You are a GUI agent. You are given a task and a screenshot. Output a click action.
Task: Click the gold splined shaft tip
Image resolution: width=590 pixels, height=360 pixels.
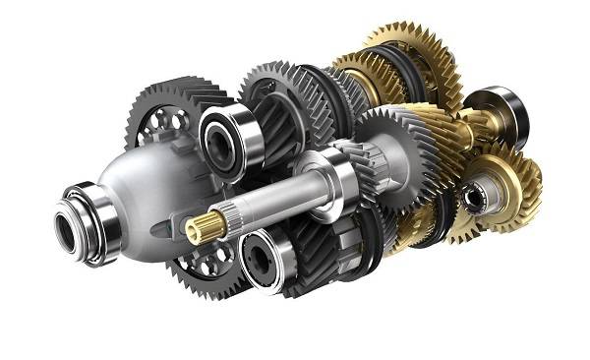click(200, 229)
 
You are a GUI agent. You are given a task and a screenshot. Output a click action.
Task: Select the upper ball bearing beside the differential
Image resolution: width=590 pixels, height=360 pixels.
click(227, 138)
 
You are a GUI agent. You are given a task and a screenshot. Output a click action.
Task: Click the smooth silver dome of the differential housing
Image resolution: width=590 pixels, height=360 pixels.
click(157, 187)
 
